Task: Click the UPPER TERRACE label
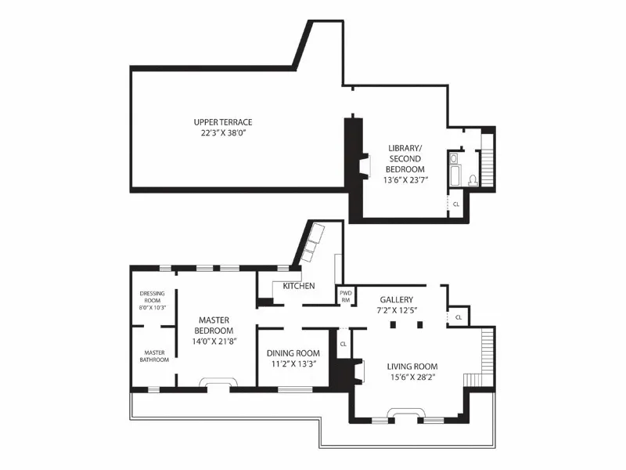pos(223,122)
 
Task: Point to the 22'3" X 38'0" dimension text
pos(223,133)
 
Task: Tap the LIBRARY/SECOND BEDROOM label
pos(406,158)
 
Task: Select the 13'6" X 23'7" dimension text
pos(406,180)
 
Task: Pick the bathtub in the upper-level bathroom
pos(455,168)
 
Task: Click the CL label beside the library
pos(456,204)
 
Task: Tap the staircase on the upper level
pos(487,161)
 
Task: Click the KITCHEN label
pos(299,286)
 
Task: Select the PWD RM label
pos(345,296)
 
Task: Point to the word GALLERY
pos(397,300)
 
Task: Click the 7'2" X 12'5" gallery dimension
pos(397,311)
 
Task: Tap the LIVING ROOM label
pos(412,367)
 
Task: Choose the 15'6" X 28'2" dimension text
pos(412,378)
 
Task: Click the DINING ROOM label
pos(293,352)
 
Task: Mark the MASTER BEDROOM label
pos(214,325)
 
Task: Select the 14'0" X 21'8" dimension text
pos(214,342)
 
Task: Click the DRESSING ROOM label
pos(153,297)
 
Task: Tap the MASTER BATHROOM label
pos(154,356)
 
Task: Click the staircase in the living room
pos(483,356)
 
